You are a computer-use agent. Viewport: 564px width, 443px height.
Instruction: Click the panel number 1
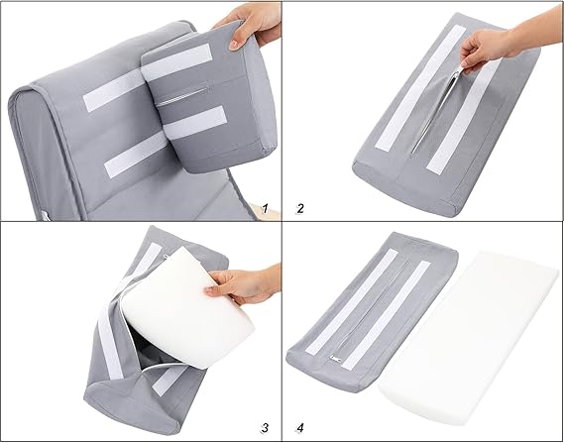click(x=265, y=208)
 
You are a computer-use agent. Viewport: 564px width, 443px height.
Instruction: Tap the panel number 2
click(x=300, y=208)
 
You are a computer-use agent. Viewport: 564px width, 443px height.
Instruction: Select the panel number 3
click(x=265, y=428)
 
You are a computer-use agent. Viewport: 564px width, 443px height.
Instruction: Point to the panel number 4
click(x=300, y=428)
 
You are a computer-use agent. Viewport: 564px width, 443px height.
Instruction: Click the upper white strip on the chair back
click(x=113, y=90)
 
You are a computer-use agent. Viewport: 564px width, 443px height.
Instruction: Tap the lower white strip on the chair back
click(x=136, y=155)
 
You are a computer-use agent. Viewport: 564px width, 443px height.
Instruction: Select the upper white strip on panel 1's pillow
click(x=176, y=61)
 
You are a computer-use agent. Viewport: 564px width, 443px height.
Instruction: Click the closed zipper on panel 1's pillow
click(x=182, y=96)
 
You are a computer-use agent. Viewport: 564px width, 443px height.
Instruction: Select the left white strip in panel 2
click(x=420, y=88)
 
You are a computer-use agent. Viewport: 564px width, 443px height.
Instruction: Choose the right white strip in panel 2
click(x=463, y=118)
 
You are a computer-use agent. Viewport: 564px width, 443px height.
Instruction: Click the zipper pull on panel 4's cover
click(x=336, y=359)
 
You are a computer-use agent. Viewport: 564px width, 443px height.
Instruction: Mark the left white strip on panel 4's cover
click(x=352, y=301)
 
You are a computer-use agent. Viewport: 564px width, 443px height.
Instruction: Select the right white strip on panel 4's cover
click(x=386, y=315)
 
